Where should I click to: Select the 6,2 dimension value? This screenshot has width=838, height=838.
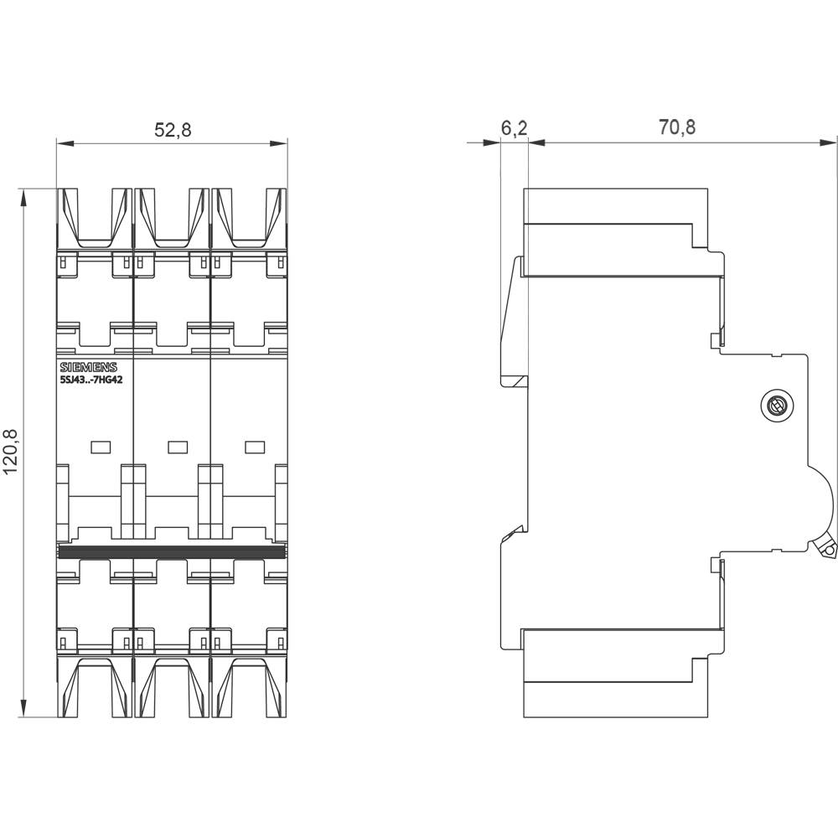514,127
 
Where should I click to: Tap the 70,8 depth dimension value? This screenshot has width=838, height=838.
677,127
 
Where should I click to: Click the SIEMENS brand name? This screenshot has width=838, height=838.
88,367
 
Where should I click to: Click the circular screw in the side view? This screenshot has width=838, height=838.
777,407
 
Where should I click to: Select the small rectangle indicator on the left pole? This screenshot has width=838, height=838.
100,447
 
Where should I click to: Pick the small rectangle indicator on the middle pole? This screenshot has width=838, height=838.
177,447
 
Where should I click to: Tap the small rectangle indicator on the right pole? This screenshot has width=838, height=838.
254,447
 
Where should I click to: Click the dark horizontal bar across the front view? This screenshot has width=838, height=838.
172,551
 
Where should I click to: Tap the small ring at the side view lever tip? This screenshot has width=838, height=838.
829,551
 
